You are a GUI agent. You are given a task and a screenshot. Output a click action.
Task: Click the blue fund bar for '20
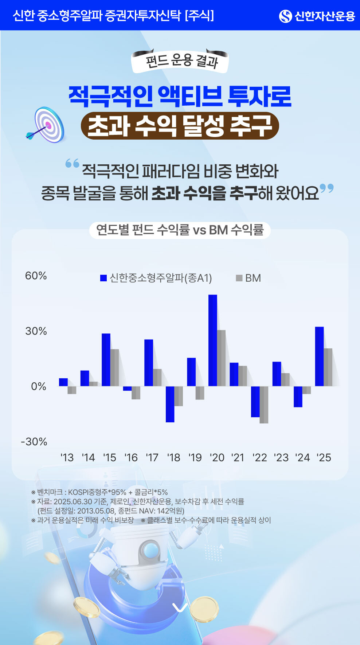tap(213, 340)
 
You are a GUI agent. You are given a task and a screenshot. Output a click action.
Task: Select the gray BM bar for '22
tap(264, 404)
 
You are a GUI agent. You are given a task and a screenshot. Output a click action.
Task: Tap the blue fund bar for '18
tap(170, 404)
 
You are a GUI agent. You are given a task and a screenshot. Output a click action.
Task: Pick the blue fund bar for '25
tap(319, 356)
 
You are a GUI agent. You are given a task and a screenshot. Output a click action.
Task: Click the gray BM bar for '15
tap(115, 367)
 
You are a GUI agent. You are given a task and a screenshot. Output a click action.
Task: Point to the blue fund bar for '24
tap(298, 396)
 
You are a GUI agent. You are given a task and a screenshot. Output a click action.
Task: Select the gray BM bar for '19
tap(200, 393)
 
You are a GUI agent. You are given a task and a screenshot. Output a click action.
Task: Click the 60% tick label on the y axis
tap(36, 276)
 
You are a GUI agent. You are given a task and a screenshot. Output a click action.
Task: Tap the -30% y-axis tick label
tap(34, 442)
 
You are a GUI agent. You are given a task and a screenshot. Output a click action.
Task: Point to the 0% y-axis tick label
tap(39, 386)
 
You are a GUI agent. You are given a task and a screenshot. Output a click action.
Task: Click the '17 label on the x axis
tap(152, 457)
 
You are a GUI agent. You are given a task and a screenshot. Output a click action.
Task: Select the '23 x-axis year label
tap(281, 457)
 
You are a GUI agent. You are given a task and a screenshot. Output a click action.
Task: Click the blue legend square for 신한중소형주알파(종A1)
tap(103, 278)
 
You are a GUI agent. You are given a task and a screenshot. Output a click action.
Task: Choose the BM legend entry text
tap(253, 278)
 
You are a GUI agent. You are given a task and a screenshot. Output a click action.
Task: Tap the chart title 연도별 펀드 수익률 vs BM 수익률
tap(180, 230)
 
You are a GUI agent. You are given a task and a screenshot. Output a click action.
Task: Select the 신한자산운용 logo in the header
tap(317, 16)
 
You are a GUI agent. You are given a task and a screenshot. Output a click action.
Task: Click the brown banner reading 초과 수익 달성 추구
tap(180, 126)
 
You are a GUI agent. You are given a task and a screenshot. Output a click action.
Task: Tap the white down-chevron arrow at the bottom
tap(180, 607)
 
